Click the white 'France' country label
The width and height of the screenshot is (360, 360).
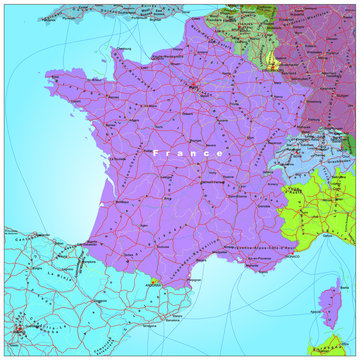pos(188,153)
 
